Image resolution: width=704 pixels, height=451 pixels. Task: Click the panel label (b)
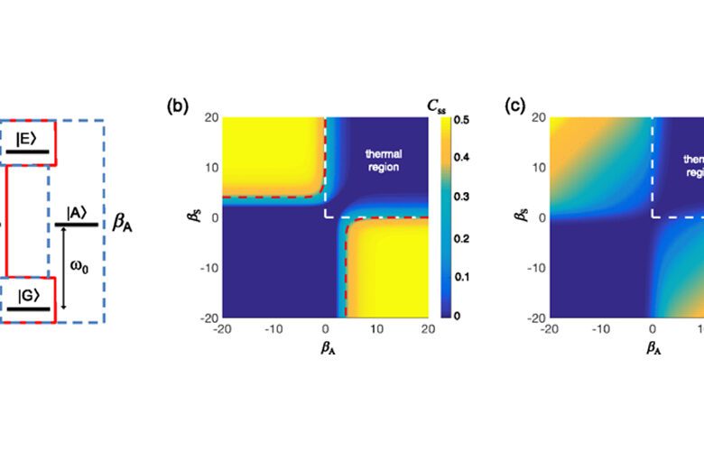(x=177, y=106)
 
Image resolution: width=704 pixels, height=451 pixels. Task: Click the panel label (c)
(x=514, y=106)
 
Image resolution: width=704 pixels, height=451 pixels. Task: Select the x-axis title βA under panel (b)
(x=324, y=345)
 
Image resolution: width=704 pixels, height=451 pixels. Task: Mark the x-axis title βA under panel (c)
(x=652, y=345)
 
